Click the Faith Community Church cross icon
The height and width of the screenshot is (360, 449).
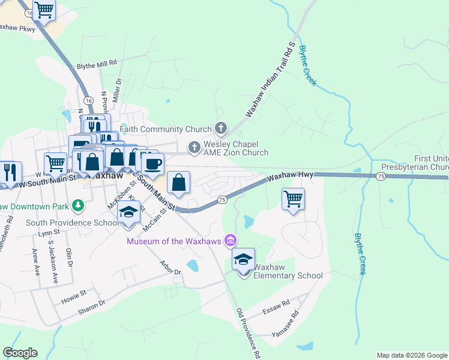(x=221, y=128)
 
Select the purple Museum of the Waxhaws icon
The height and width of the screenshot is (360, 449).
(x=229, y=241)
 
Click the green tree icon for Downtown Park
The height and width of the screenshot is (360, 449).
(x=77, y=206)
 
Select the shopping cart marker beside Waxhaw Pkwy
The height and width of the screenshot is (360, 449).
(x=44, y=10)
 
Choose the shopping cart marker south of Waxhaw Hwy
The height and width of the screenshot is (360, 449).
(x=293, y=199)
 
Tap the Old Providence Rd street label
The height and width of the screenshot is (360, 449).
(x=249, y=333)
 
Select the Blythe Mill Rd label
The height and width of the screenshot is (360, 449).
(x=96, y=63)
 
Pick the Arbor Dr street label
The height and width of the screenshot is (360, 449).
(x=170, y=268)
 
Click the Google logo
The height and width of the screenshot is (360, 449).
(x=20, y=353)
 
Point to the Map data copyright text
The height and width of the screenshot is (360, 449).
(x=411, y=355)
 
